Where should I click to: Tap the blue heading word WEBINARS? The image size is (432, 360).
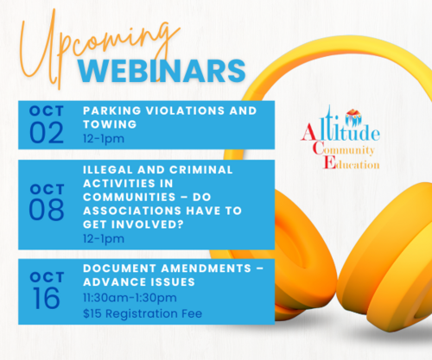(162, 71)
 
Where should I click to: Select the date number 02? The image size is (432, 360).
(47, 133)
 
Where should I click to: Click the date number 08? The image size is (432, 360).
(47, 210)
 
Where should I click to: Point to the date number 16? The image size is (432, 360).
(46, 299)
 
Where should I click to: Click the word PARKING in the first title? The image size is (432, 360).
(112, 111)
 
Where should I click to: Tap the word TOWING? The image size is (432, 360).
(110, 124)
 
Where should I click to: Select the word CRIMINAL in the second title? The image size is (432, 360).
(200, 170)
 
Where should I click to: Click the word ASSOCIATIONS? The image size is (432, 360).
(132, 211)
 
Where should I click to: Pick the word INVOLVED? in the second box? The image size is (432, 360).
(148, 224)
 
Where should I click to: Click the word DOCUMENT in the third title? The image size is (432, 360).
(119, 268)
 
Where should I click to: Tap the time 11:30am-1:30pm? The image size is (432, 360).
(130, 298)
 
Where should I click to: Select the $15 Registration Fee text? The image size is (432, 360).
(143, 313)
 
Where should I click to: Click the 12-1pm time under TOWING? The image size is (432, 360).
(104, 139)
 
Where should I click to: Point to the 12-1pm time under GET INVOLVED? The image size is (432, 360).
(104, 239)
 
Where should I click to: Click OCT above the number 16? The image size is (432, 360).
(47, 277)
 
